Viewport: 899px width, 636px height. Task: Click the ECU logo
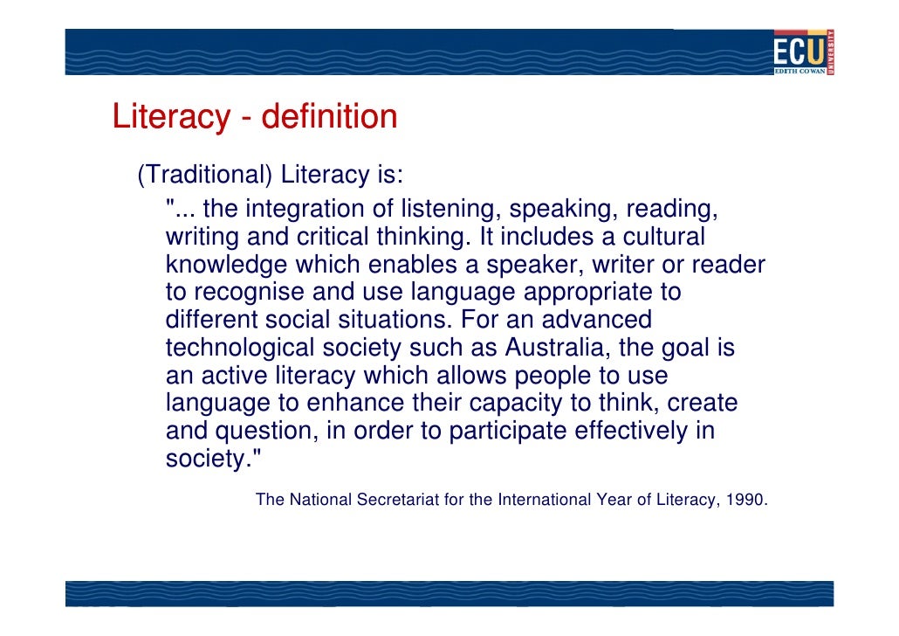(803, 52)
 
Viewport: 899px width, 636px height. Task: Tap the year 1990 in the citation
(747, 501)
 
